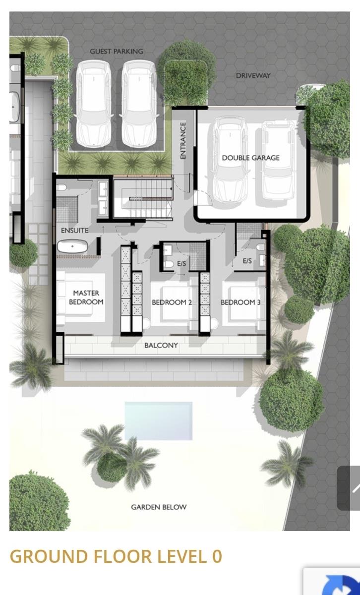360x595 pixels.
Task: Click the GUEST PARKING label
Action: tap(117, 51)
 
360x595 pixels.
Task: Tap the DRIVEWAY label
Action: tap(253, 76)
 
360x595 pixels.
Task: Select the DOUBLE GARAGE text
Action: tap(251, 158)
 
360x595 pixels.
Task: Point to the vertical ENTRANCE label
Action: tap(183, 140)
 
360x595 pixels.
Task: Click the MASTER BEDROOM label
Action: tap(86, 297)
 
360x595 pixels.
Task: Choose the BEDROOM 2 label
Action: tap(172, 302)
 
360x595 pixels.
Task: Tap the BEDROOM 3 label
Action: tap(240, 302)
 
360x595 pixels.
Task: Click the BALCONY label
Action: tap(161, 345)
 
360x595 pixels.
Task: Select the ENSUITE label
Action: tap(75, 230)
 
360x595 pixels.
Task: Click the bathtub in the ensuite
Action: tap(72, 246)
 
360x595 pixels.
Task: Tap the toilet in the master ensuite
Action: tap(61, 187)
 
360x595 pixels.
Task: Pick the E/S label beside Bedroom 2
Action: tap(181, 263)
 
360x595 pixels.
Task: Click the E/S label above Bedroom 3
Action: tap(247, 261)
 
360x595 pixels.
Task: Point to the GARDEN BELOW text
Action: tap(159, 507)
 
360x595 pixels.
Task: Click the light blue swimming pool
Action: tap(159, 421)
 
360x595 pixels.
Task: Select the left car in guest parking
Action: tap(94, 104)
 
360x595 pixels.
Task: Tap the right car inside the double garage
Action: tap(279, 161)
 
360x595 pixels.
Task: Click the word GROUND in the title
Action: tap(49, 556)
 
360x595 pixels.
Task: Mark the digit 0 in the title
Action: tap(217, 556)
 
